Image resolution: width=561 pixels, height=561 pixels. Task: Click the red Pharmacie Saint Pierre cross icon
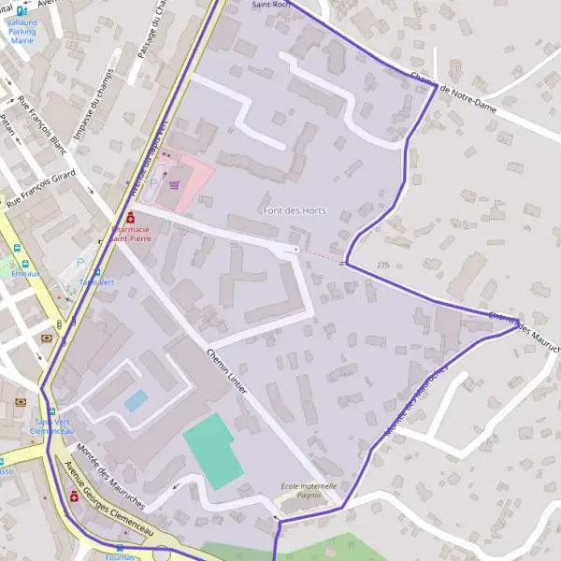click(x=131, y=217)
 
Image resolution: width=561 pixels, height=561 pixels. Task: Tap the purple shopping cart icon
click(x=174, y=184)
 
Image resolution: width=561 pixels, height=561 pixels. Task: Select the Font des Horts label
click(x=295, y=210)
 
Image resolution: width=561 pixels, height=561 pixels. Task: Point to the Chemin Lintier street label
click(x=225, y=369)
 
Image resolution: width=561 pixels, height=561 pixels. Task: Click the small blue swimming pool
click(x=136, y=400)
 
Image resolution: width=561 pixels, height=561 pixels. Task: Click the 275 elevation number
click(x=382, y=266)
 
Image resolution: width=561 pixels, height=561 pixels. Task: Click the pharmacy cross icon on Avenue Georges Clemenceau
click(x=74, y=496)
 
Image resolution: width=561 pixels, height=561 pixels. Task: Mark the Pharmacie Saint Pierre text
click(x=132, y=233)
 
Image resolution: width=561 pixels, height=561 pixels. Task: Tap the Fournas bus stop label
click(x=119, y=557)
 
